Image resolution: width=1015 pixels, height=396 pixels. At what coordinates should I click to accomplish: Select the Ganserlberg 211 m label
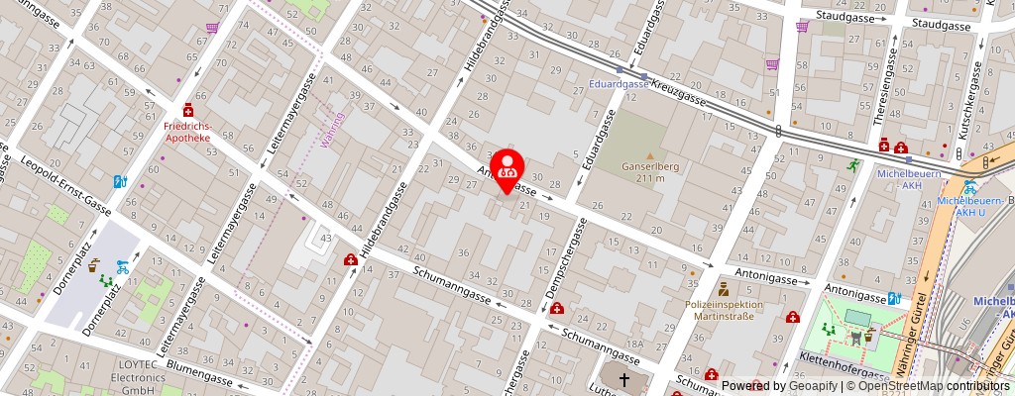tap(649, 171)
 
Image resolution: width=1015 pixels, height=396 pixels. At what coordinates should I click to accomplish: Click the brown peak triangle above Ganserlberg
tap(650, 155)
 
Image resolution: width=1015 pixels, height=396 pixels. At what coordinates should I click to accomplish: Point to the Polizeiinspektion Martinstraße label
tap(723, 310)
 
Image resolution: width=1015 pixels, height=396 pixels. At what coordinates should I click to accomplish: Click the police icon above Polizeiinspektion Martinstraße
tap(723, 290)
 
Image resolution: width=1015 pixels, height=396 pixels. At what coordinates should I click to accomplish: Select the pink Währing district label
tap(334, 130)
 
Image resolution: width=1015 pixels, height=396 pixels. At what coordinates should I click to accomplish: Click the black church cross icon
tap(625, 378)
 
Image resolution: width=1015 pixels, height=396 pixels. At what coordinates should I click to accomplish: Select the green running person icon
tap(851, 165)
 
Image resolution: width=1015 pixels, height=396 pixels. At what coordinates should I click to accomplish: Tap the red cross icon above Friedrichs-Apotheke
tap(187, 113)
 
